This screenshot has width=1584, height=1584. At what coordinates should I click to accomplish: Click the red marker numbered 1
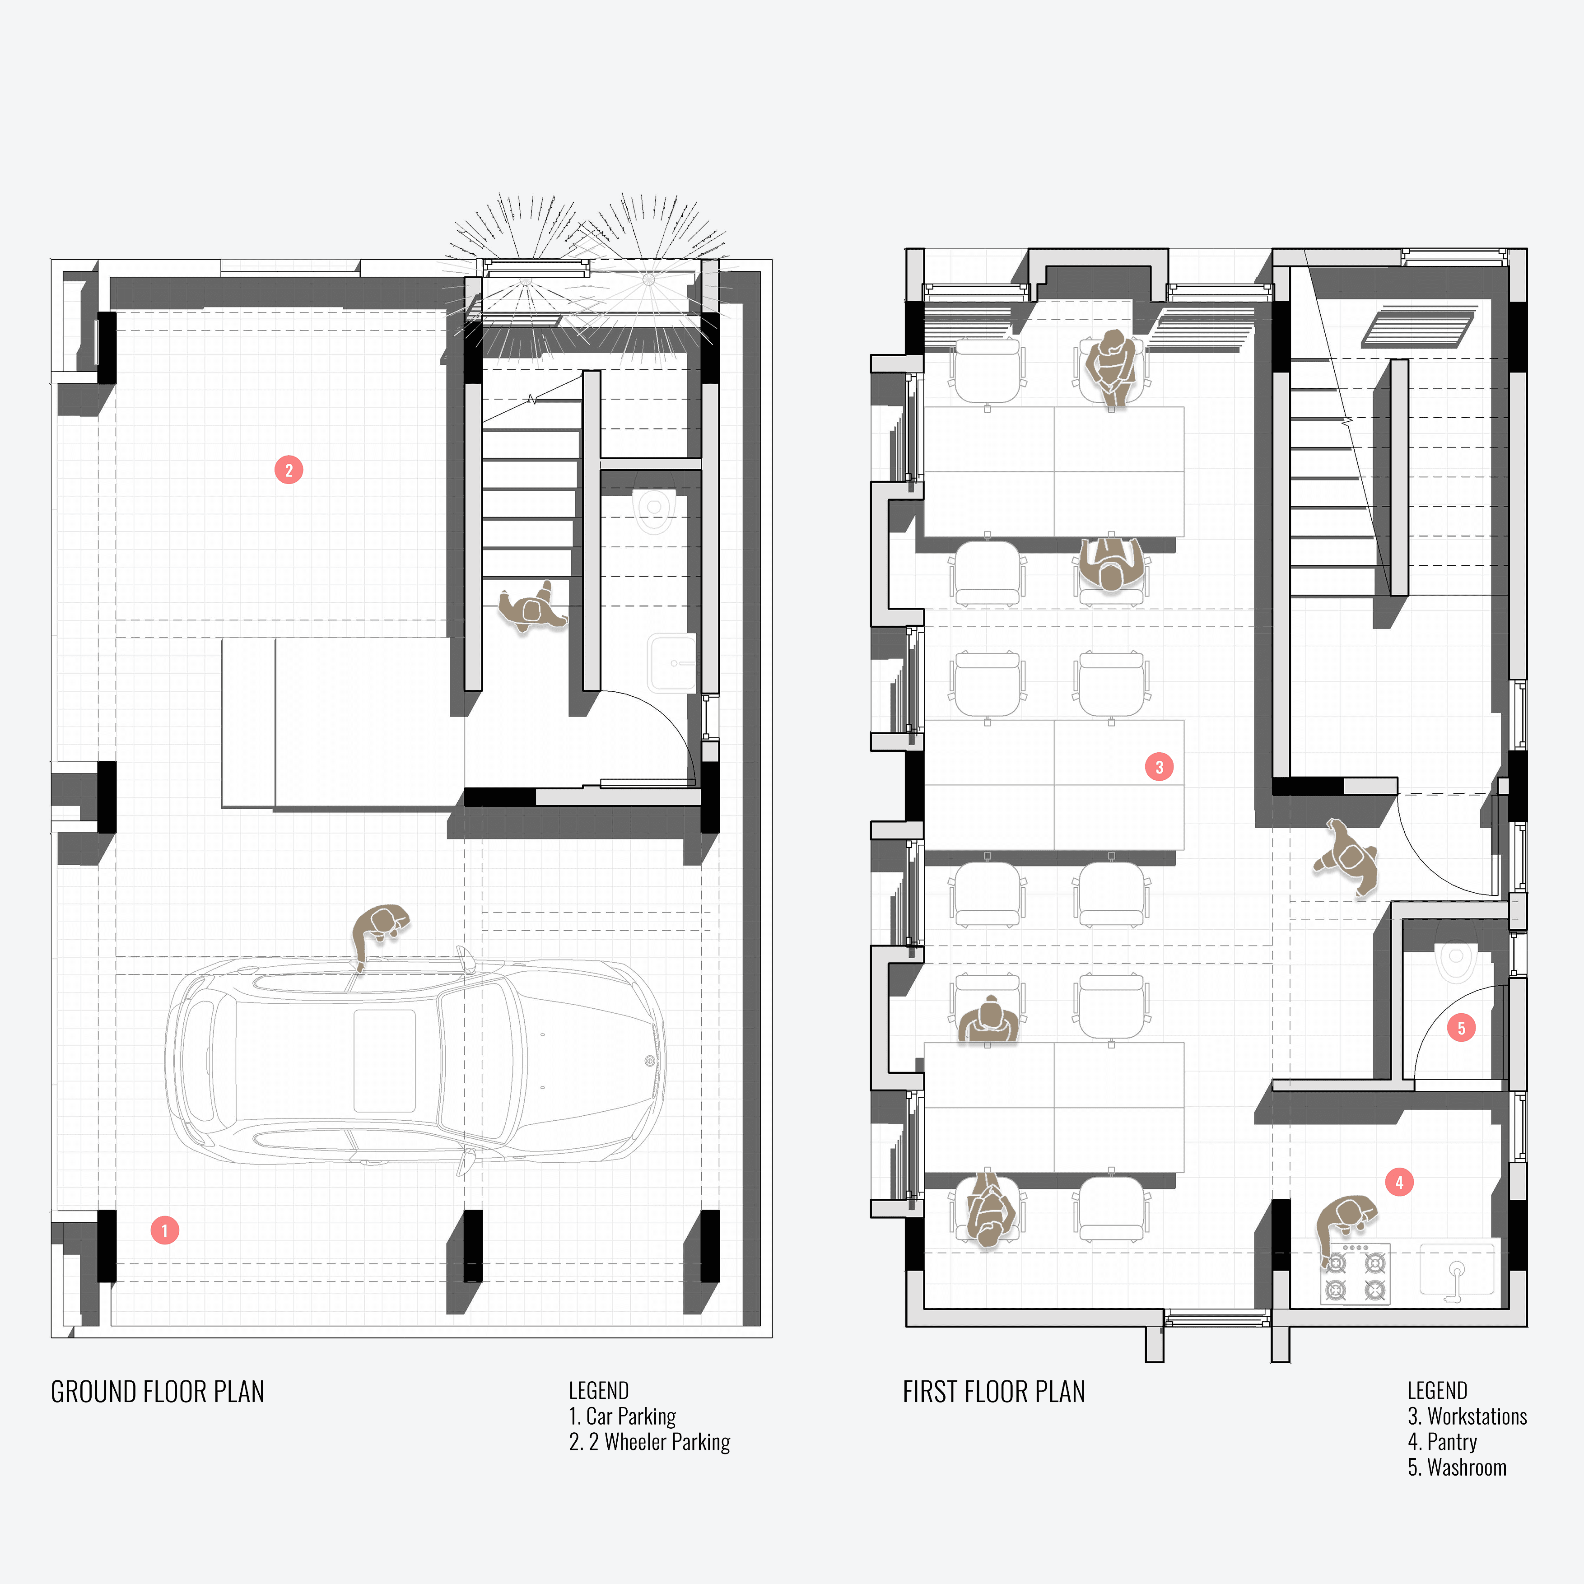tap(165, 1230)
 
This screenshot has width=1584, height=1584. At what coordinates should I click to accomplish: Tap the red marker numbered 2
tap(289, 470)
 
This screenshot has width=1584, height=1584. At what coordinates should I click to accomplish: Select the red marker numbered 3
tap(1159, 767)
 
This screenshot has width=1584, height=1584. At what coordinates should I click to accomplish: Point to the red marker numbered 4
tap(1399, 1182)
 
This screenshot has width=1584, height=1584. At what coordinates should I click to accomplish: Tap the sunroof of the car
tap(385, 1060)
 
